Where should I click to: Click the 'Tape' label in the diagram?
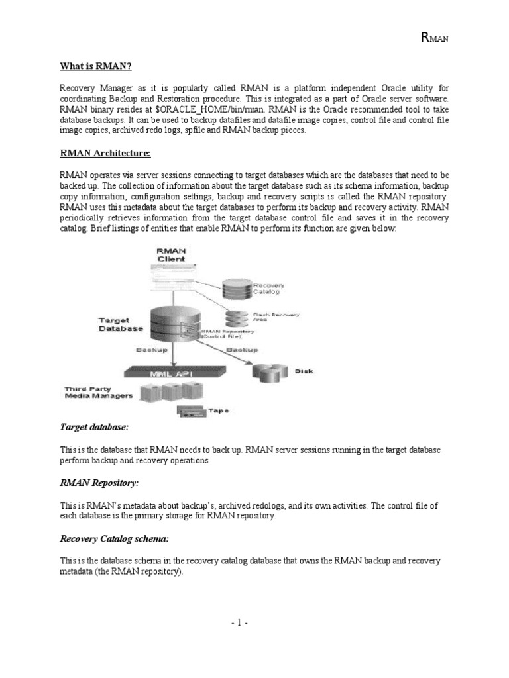219,411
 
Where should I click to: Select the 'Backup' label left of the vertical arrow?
150,348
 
